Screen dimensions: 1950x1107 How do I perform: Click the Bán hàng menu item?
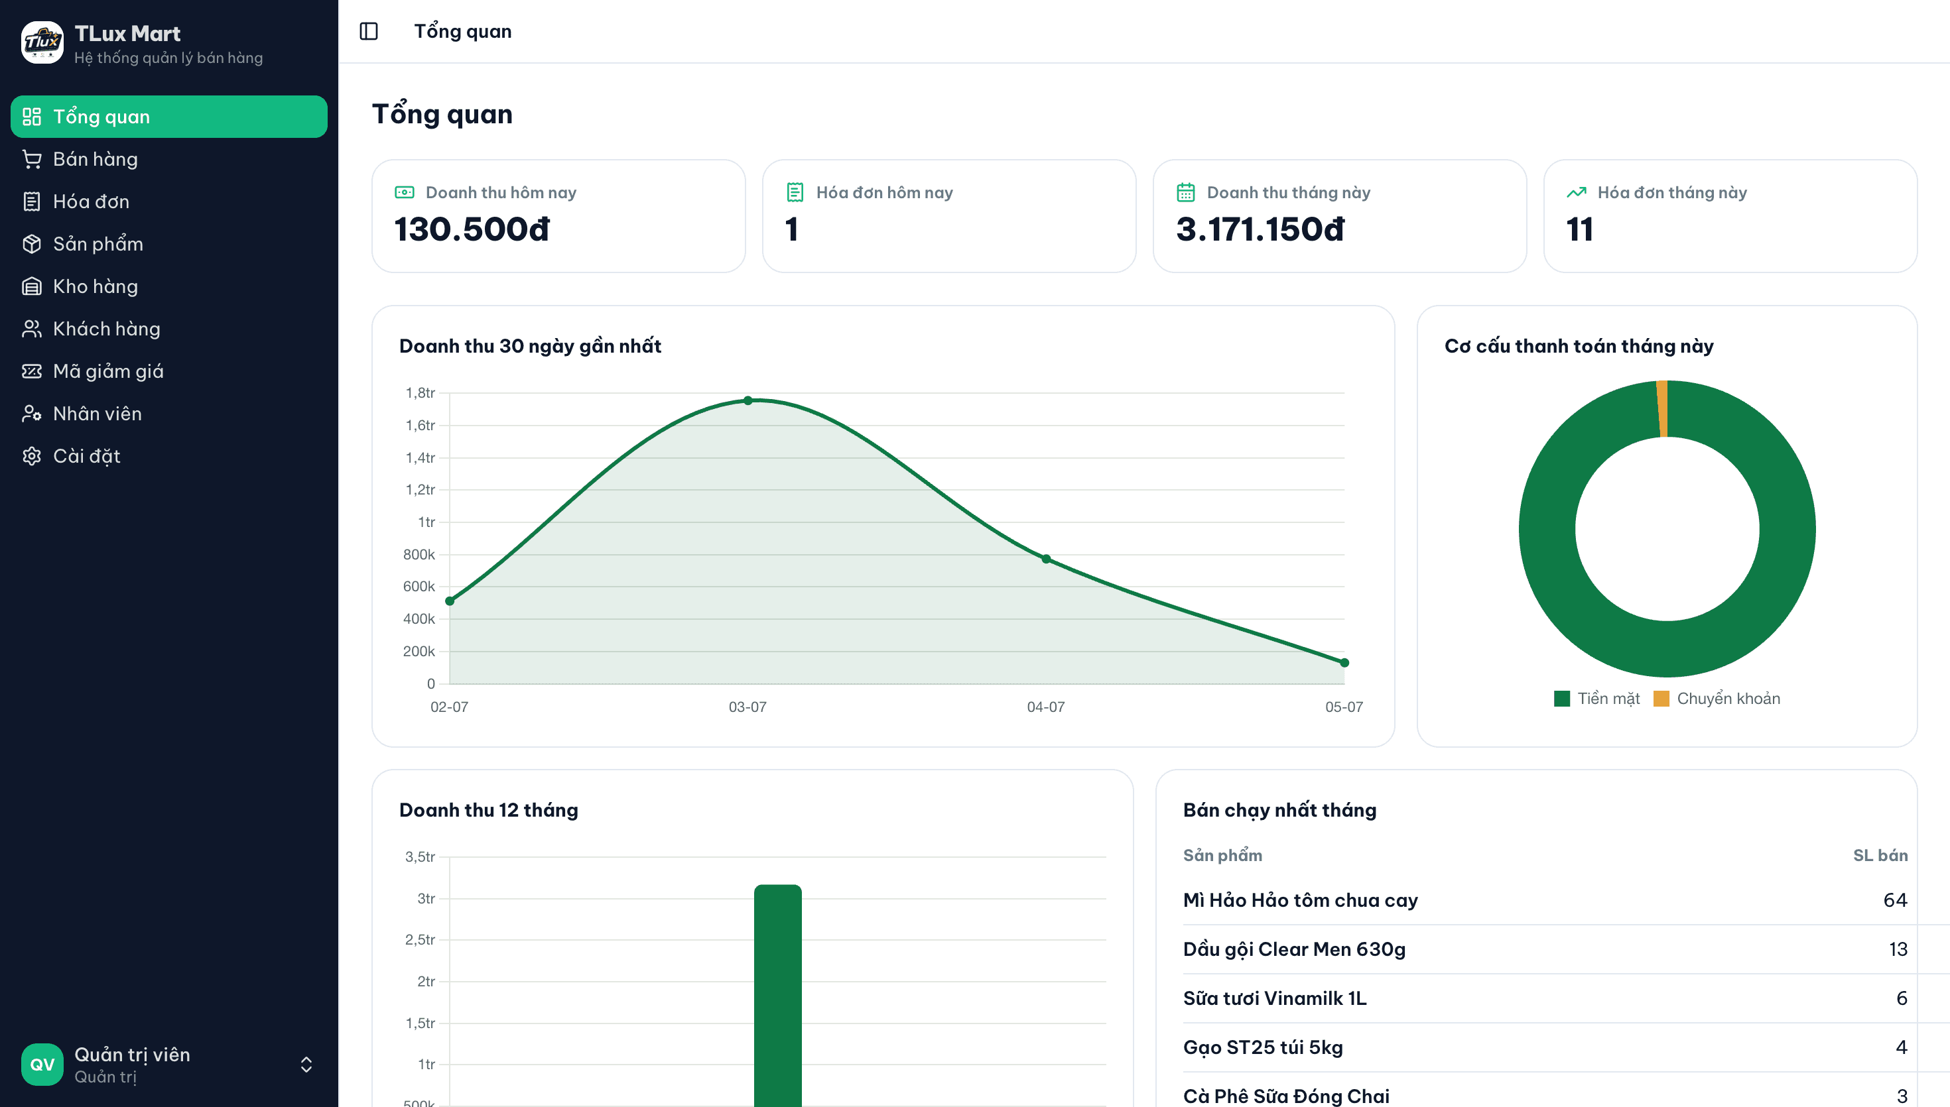95,159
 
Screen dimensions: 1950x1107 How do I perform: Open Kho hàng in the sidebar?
95,286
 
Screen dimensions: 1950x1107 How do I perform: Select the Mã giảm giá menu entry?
108,371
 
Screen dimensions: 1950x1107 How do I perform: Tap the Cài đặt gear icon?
32,456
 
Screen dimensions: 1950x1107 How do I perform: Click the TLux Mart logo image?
42,42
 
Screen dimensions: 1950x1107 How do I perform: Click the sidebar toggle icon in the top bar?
369,31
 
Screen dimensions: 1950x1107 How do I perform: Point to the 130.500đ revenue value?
472,229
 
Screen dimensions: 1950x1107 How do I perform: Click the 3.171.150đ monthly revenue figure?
1260,229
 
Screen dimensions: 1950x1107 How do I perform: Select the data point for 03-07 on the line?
748,400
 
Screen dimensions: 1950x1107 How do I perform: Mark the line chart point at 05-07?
1344,663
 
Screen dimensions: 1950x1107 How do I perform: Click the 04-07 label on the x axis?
1046,707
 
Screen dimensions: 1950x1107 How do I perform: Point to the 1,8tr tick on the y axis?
421,393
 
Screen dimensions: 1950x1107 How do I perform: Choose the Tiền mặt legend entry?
1597,699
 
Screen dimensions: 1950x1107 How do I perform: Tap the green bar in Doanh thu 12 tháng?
778,996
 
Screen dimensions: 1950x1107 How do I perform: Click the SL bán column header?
1880,855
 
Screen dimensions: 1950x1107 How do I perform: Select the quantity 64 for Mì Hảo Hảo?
1895,900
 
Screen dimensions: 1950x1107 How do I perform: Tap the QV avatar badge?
42,1065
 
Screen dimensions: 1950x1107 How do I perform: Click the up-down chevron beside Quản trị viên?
306,1065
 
